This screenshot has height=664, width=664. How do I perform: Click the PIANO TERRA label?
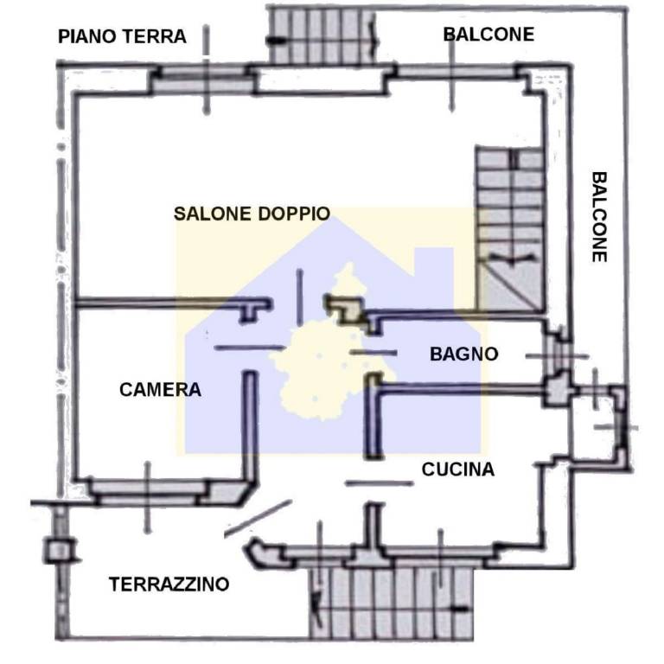tap(122, 36)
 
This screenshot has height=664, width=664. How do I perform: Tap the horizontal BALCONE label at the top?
tap(488, 35)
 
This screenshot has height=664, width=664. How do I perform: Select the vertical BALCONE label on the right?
tap(599, 216)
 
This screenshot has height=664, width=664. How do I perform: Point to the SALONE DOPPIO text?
tap(252, 214)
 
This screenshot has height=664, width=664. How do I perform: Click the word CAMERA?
tap(160, 390)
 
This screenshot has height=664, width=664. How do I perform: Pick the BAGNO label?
tap(464, 354)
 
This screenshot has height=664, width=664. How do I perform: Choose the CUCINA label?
tap(458, 469)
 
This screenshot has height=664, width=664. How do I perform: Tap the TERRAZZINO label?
tap(169, 584)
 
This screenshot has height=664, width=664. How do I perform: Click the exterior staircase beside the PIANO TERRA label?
tap(323, 35)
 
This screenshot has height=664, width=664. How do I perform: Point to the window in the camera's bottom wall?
tap(147, 492)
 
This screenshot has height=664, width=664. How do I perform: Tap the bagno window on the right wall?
tap(556, 354)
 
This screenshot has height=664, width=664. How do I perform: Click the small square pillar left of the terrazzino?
tap(58, 549)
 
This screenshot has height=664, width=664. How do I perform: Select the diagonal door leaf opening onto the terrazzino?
tap(258, 519)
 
